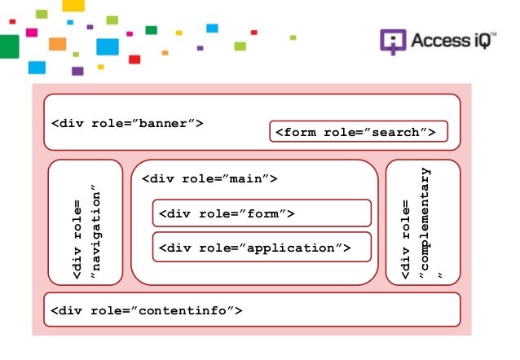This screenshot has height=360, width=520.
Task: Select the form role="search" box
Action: [359, 131]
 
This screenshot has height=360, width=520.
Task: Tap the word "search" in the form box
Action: [395, 132]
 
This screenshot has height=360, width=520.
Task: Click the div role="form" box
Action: [262, 213]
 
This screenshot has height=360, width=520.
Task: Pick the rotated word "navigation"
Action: [95, 231]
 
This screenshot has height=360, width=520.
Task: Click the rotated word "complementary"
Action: [425, 220]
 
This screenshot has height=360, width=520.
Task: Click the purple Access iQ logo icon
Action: [393, 42]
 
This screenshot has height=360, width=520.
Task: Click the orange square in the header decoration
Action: [57, 44]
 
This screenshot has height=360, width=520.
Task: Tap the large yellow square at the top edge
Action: [73, 6]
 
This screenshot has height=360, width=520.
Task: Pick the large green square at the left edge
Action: [9, 46]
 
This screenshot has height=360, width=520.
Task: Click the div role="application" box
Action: [262, 247]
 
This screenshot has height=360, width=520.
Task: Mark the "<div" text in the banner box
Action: [68, 123]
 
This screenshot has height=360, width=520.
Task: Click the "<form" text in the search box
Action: [296, 132]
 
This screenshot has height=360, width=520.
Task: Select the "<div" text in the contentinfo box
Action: [66, 310]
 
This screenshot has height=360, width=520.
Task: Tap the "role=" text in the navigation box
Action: [77, 219]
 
